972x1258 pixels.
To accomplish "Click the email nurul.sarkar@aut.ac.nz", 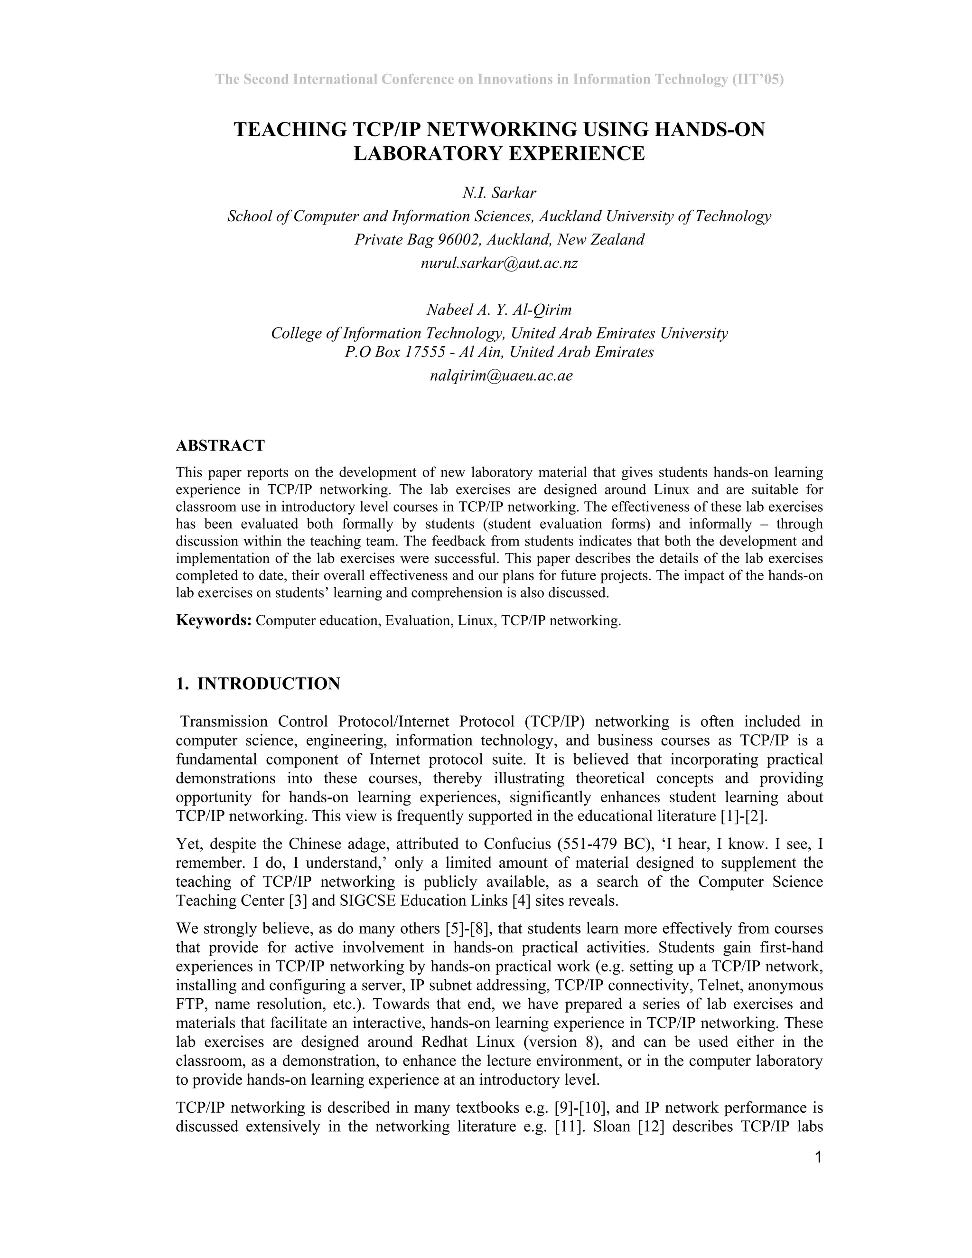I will click(x=499, y=264).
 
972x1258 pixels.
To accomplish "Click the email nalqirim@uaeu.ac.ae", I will click(x=501, y=376).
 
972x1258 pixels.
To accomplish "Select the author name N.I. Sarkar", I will click(x=499, y=193).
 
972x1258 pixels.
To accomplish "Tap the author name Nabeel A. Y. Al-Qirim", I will click(x=499, y=310).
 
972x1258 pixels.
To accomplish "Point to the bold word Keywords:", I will click(x=214, y=620).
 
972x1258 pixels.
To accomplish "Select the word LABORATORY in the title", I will click(x=427, y=154).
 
